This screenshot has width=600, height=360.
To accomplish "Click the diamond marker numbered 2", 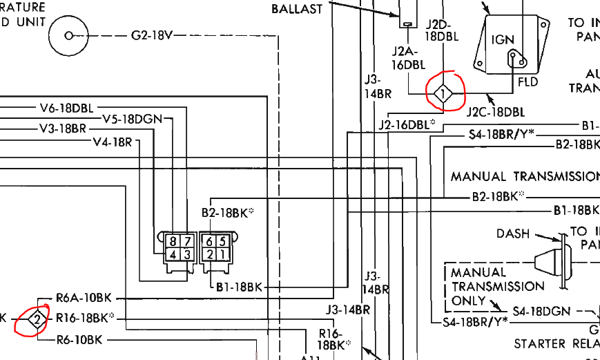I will click(37, 319).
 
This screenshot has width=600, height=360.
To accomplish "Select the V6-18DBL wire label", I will click(66, 108).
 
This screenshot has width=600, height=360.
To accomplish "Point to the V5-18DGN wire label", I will click(132, 119).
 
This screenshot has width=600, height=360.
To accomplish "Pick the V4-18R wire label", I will click(112, 142).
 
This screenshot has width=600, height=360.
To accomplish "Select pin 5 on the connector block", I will click(222, 241).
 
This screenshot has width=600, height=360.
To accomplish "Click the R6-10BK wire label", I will click(79, 339).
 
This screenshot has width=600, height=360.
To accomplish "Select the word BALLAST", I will click(297, 9).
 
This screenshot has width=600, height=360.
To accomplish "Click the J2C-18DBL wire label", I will click(495, 112).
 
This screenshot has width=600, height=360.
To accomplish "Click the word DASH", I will click(513, 234).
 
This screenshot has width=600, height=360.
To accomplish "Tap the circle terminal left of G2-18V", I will click(68, 35).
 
